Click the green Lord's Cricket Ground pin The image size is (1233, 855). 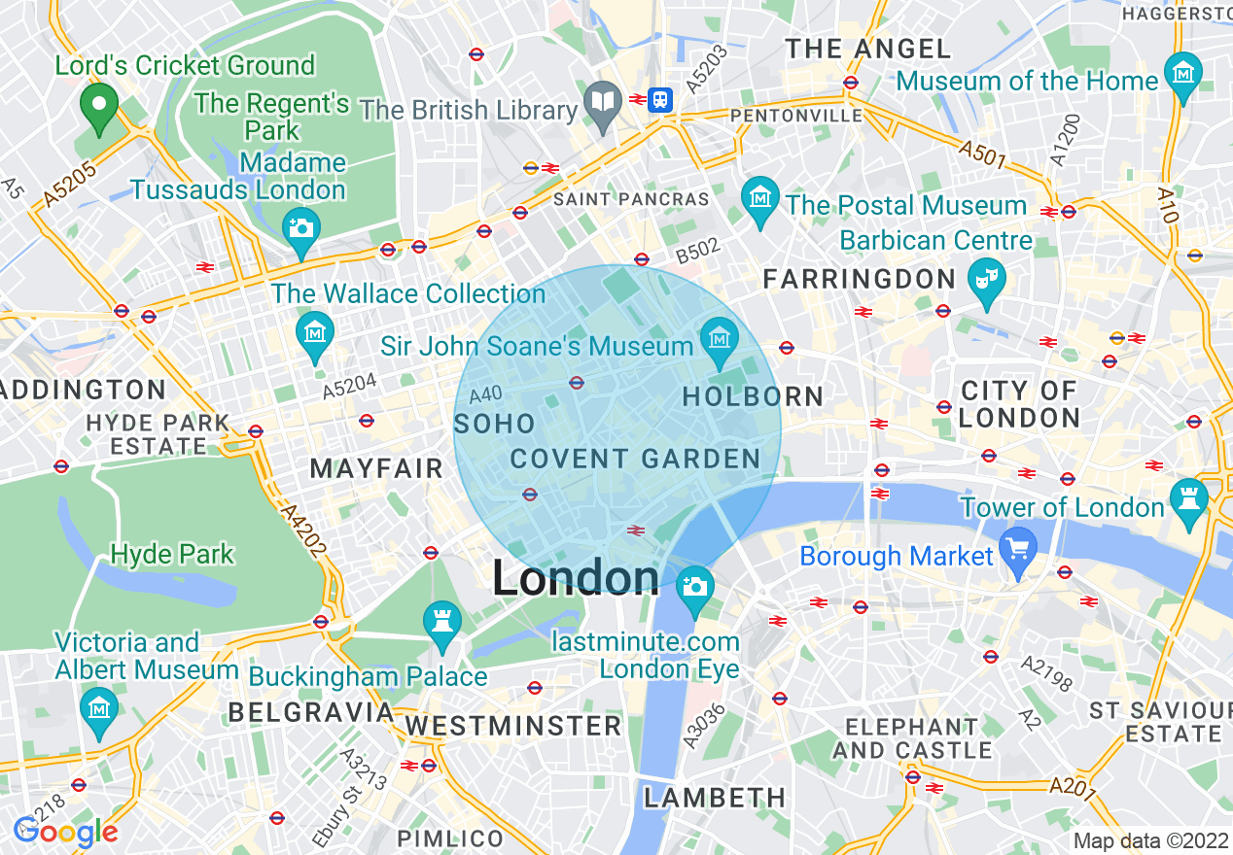99,106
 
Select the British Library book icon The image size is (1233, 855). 604,101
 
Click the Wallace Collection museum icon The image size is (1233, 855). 315,333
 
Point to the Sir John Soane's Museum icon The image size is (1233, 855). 720,339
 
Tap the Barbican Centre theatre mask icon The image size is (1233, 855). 987,280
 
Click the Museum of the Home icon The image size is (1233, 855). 1183,74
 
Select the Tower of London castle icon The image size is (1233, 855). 1189,499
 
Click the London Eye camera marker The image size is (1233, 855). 694,587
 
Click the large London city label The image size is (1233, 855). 576,578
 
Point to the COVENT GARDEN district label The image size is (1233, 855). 635,460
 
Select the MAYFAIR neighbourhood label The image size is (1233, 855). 376,468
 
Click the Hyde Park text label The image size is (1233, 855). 172,555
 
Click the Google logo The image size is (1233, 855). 65,831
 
